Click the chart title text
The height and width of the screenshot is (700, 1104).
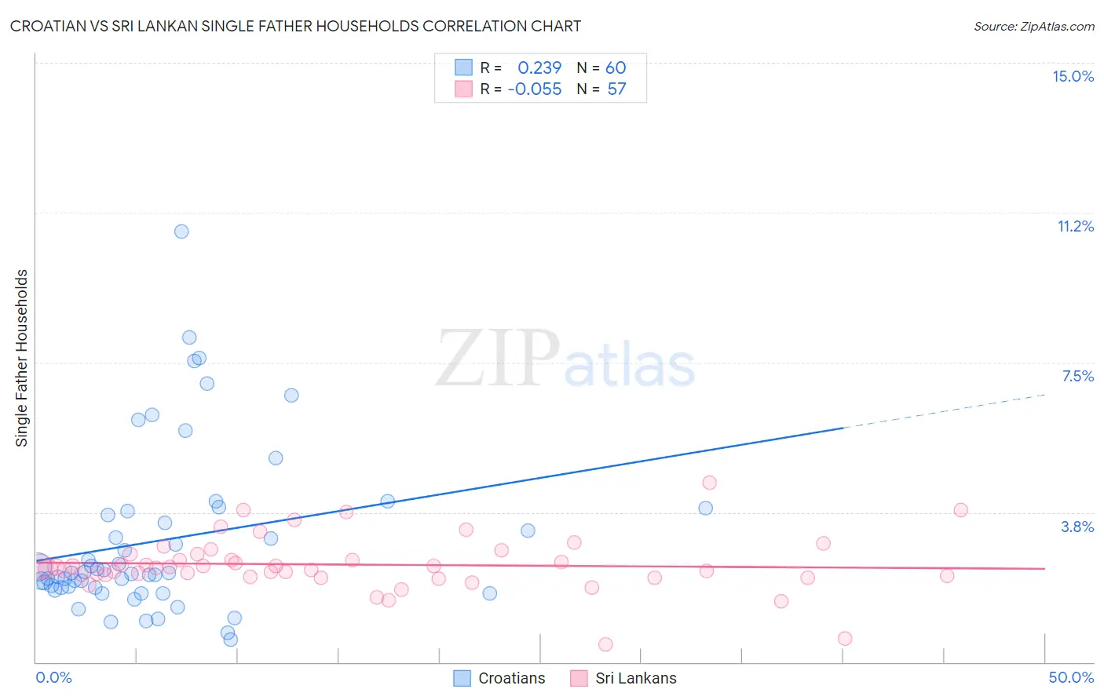[295, 26]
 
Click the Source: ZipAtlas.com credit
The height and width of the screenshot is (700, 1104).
[1033, 26]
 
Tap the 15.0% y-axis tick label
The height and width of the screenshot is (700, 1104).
[1073, 76]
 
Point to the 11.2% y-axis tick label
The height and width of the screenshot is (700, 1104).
[1075, 226]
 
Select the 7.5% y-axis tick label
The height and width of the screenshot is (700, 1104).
[1077, 376]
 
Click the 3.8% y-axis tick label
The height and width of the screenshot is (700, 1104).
[1077, 527]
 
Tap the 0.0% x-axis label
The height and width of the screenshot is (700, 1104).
[53, 677]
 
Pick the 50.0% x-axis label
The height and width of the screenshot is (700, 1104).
[1071, 677]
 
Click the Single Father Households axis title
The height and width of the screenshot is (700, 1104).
[22, 358]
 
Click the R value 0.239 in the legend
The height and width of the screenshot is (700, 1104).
[539, 67]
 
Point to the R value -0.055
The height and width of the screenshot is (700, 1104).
[535, 89]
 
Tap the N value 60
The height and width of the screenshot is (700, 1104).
[616, 67]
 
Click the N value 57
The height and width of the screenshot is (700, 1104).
[616, 89]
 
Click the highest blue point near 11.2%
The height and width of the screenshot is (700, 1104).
[181, 232]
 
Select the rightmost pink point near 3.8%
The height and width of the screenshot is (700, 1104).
[960, 510]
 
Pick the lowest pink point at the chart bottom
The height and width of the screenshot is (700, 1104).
[605, 644]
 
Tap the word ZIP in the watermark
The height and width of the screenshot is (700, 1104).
[498, 359]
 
